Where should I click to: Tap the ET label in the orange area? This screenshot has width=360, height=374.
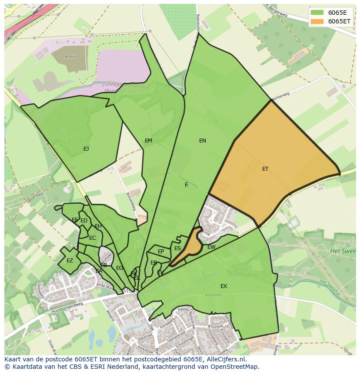click(x=265, y=169)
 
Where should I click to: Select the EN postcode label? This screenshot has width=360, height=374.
click(x=203, y=141)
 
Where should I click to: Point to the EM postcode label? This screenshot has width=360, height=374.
click(x=149, y=141)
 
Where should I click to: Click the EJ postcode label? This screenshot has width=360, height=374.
click(x=86, y=149)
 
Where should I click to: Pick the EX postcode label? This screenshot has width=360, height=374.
click(x=223, y=286)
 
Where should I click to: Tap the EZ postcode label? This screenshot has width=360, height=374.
click(x=70, y=261)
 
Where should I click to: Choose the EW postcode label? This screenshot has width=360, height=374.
click(x=211, y=247)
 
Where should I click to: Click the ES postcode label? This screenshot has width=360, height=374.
click(x=177, y=248)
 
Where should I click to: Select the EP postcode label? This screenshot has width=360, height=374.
click(x=161, y=252)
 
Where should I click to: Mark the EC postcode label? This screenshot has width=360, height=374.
click(x=92, y=238)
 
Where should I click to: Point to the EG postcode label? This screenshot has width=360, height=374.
click(x=120, y=268)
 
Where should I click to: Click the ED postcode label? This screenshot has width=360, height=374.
click(x=84, y=221)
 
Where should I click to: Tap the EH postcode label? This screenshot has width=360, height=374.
click(x=98, y=226)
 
